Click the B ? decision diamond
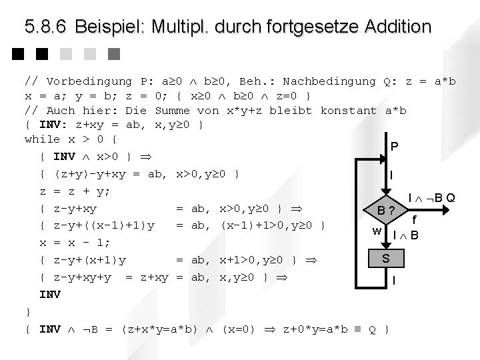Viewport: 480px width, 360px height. (x=385, y=213)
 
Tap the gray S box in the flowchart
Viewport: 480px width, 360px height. (x=385, y=257)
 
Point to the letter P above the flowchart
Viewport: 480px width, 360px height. (x=394, y=146)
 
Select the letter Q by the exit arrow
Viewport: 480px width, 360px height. (x=451, y=197)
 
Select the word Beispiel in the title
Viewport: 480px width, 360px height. (x=109, y=27)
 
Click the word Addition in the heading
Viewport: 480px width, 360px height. (x=398, y=27)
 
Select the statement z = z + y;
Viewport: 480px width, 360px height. (x=75, y=191)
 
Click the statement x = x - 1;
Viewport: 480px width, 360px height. (x=75, y=241)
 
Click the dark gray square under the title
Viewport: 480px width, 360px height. (x=113, y=53)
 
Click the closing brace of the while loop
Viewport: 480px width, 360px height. (x=27, y=311)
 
